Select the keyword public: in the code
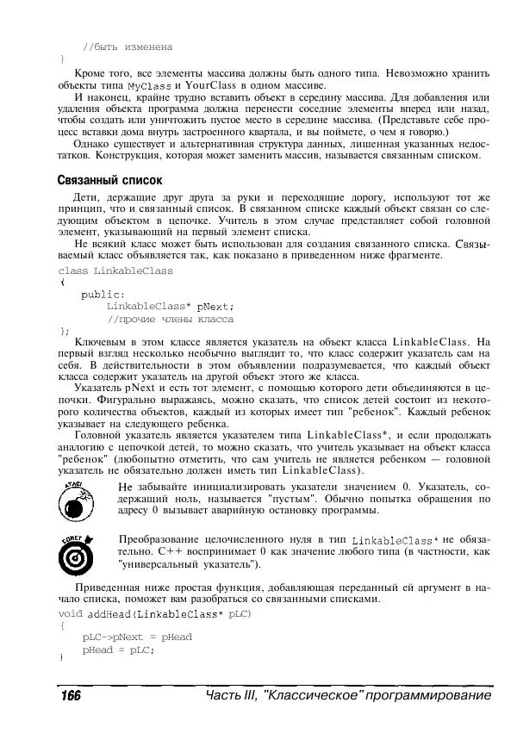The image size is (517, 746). (103, 294)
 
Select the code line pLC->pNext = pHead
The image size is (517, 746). (137, 637)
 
